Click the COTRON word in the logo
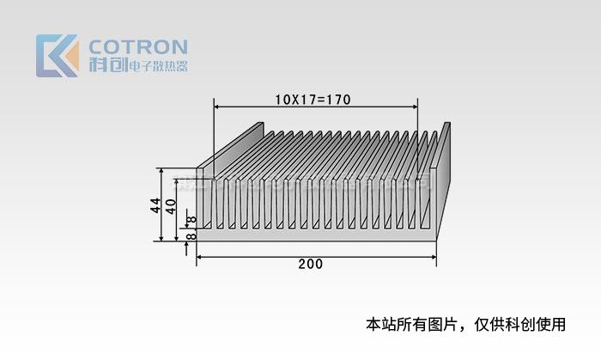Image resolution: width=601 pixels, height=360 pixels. click(138, 46)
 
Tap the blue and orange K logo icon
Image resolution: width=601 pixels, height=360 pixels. click(57, 56)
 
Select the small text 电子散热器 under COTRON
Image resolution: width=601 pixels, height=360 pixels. click(156, 66)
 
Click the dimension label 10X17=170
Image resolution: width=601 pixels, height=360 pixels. click(313, 99)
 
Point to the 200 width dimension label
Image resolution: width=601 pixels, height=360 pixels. click(311, 264)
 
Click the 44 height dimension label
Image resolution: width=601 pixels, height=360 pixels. click(155, 205)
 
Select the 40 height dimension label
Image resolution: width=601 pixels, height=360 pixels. click(171, 206)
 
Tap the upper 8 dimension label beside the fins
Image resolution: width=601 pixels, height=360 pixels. click(191, 220)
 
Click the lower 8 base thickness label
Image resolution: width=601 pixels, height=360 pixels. click(191, 235)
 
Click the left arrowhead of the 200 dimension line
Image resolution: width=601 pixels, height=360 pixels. click(201, 256)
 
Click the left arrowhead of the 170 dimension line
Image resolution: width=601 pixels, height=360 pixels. click(217, 107)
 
